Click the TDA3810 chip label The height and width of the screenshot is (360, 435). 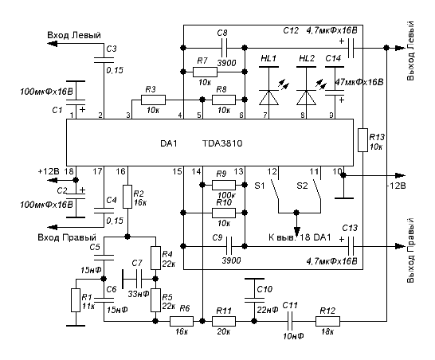click(x=222, y=143)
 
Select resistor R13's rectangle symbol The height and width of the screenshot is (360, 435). click(x=362, y=140)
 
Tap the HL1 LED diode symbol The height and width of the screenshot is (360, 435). click(x=268, y=98)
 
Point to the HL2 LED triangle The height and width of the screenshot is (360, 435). click(x=306, y=98)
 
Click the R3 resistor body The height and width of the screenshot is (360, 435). click(x=153, y=100)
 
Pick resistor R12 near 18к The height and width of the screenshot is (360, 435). click(x=327, y=322)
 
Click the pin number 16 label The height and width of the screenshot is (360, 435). click(x=120, y=172)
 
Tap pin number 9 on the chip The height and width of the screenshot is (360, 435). click(x=331, y=115)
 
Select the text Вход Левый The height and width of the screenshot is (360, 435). click(x=74, y=35)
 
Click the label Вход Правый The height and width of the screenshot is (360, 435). click(x=67, y=237)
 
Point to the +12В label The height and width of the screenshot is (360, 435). click(x=49, y=171)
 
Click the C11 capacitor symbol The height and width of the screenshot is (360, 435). click(x=290, y=322)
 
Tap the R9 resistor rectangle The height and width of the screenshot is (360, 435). click(x=224, y=185)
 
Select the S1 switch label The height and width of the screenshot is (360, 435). click(x=260, y=186)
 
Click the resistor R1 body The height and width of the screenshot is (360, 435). click(x=76, y=300)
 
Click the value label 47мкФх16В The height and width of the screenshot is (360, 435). click(x=359, y=82)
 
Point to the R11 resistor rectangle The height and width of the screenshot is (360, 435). click(x=224, y=322)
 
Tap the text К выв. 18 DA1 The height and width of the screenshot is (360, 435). click(x=300, y=237)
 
